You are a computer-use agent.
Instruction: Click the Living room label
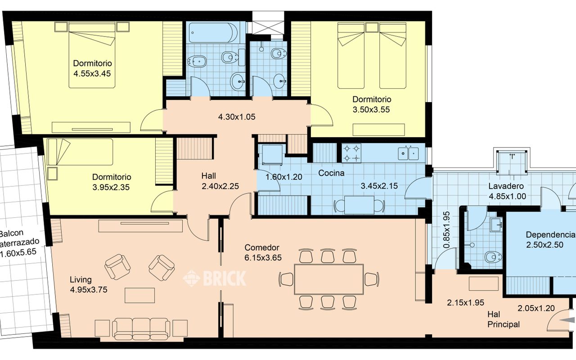81,279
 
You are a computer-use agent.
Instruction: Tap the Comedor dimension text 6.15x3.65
263,258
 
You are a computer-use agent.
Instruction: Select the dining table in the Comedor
329,279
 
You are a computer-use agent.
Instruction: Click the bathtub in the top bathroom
213,33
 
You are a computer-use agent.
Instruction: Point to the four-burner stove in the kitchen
351,153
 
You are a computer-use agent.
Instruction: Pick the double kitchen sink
408,153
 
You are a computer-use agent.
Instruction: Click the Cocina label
331,173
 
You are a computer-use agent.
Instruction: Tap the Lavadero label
506,186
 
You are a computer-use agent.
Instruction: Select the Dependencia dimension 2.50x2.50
544,244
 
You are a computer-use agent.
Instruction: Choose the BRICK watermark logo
214,278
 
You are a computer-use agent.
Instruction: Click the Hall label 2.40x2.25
220,181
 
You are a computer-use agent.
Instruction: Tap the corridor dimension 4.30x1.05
237,117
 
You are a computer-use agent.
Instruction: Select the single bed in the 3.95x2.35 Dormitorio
80,152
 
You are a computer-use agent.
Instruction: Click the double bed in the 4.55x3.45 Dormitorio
92,55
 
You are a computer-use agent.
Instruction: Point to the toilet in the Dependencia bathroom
493,257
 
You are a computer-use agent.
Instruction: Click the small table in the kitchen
359,205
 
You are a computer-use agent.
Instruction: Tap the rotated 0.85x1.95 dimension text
447,229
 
